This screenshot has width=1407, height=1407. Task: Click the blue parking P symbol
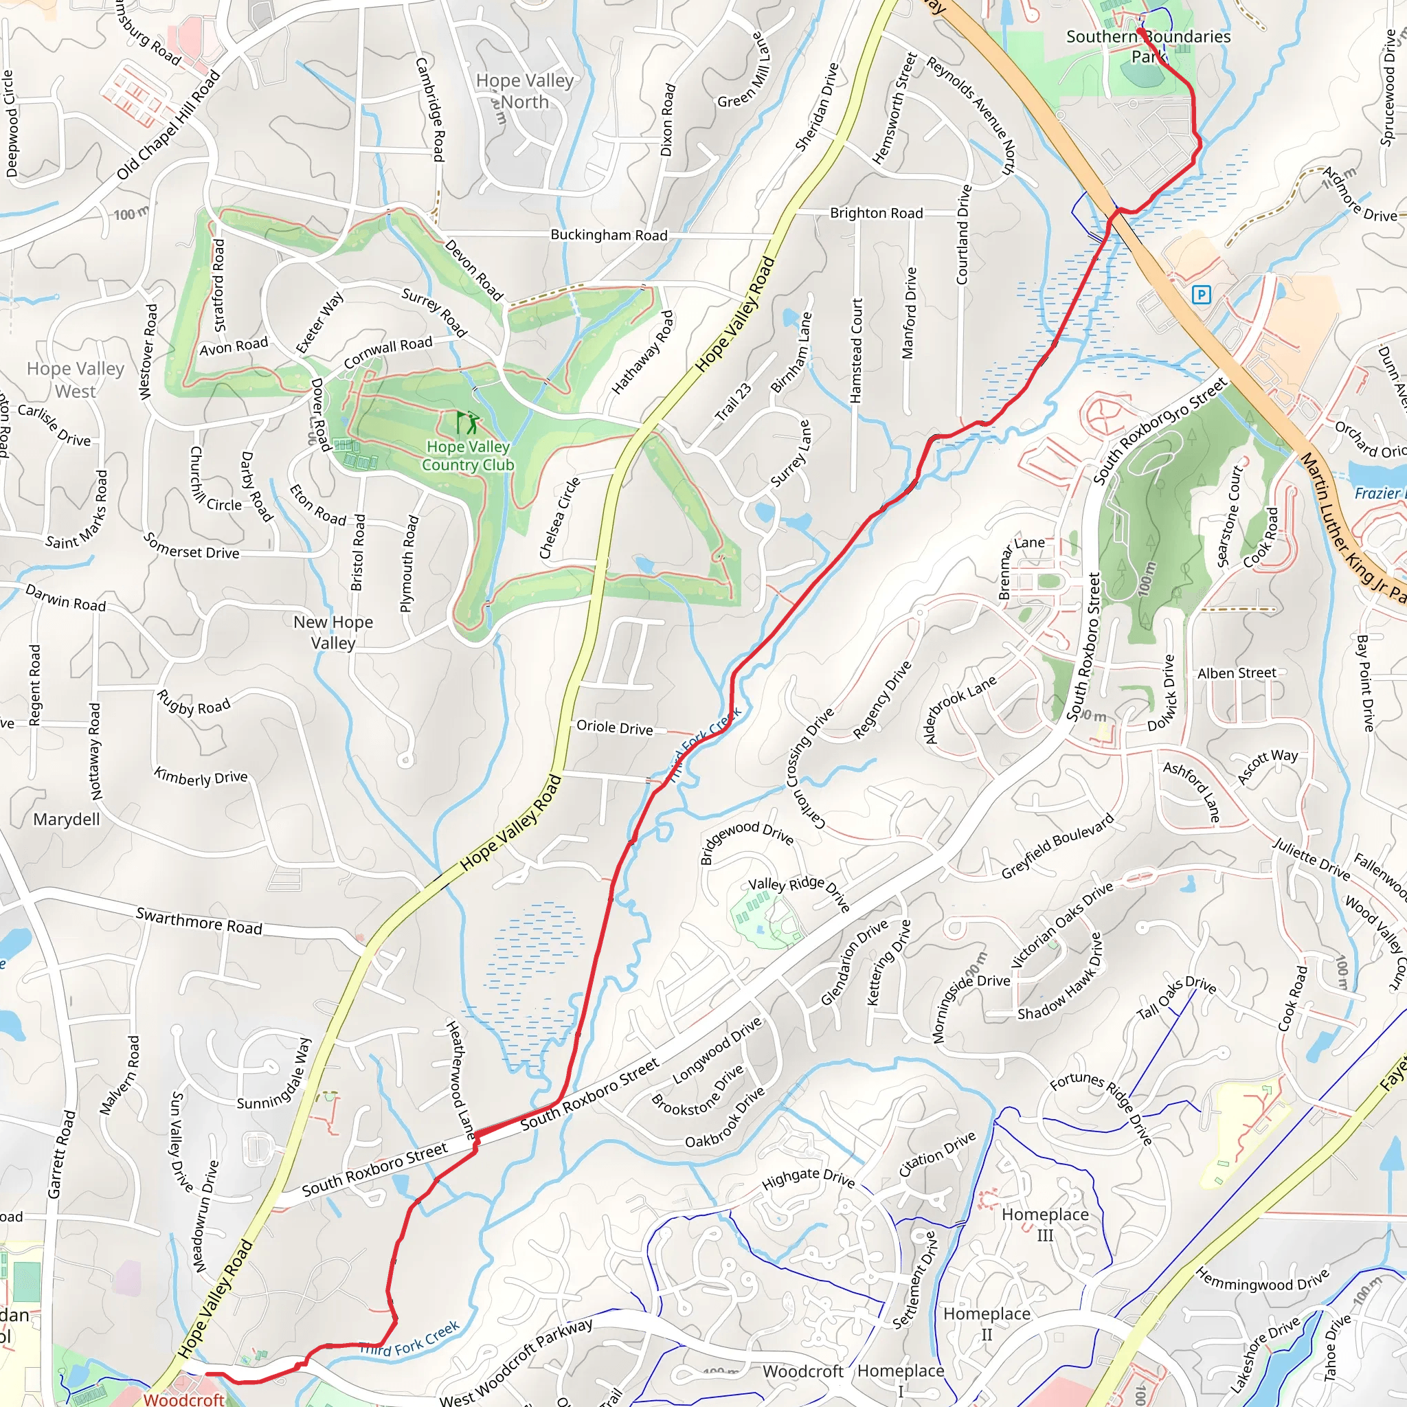coord(1201,295)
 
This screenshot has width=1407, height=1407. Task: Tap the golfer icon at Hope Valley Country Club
coord(468,423)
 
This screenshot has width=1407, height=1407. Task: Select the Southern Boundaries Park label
coord(1148,45)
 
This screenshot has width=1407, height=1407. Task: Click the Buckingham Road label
coord(609,234)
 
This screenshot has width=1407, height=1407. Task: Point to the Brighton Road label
coord(876,213)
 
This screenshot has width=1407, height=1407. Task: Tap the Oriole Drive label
coord(615,727)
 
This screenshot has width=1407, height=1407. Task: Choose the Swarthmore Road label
coord(199,921)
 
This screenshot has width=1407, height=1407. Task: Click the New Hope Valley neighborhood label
coord(333,632)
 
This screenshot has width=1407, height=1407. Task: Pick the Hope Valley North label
coord(524,91)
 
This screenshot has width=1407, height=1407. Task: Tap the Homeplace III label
coord(1045,1224)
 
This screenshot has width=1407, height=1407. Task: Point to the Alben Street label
coord(1237,673)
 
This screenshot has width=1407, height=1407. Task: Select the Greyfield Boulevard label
coord(1058,846)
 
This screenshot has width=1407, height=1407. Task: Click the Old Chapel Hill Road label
coord(168,124)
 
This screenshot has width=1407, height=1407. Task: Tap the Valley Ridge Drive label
coord(800,894)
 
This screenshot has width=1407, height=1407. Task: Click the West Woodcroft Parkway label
coord(516,1362)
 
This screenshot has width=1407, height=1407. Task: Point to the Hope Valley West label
coord(76,379)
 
